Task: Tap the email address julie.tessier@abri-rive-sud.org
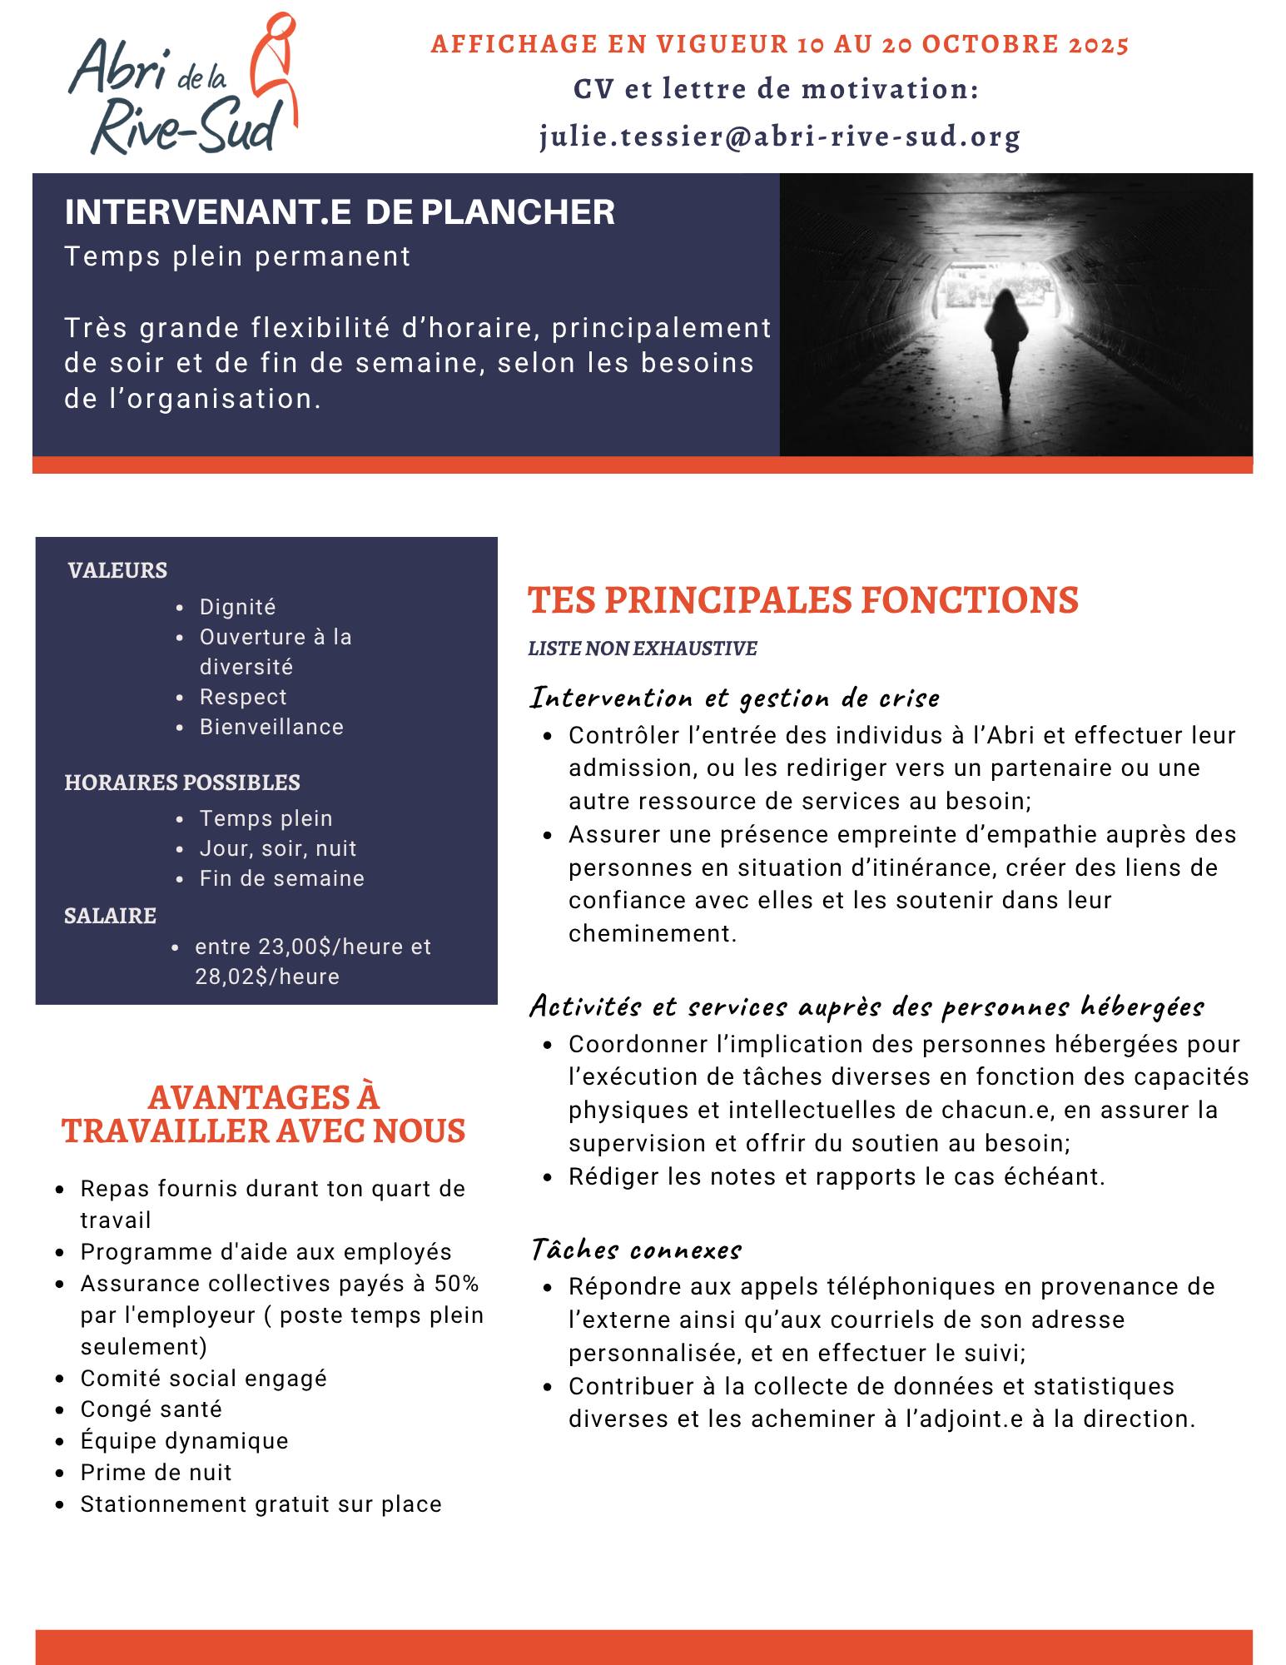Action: point(779,137)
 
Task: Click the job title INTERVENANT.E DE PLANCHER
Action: point(340,212)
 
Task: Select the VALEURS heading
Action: point(117,570)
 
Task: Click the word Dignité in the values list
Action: point(237,607)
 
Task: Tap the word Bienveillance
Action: point(271,727)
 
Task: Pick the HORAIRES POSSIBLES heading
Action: point(182,783)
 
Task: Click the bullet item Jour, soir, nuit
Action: point(277,848)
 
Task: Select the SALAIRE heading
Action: point(110,916)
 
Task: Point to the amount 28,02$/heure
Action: point(267,977)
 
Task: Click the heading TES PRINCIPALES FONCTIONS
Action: point(802,600)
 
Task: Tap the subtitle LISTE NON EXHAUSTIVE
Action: point(642,649)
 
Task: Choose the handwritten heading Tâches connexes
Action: point(636,1250)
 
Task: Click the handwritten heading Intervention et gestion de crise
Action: point(735,698)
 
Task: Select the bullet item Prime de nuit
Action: point(156,1473)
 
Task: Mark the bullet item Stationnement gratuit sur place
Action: point(261,1504)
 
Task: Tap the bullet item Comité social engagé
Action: point(203,1379)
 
